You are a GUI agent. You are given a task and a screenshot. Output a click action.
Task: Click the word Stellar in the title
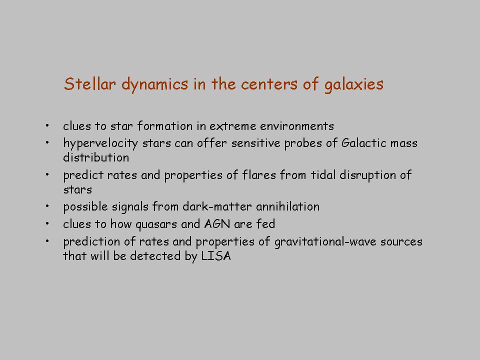[x=90, y=83]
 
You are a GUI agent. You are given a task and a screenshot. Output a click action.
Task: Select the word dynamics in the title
[x=154, y=84]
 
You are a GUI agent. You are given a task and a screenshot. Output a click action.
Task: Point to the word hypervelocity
[x=100, y=143]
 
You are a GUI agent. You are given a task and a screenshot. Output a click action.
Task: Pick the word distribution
[x=96, y=157]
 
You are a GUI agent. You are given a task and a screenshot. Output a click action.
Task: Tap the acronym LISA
[x=216, y=255]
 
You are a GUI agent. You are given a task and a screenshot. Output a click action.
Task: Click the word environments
[x=297, y=126]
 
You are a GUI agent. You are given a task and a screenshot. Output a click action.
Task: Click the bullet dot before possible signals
[x=47, y=206]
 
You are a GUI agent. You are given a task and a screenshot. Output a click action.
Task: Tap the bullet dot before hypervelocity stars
[x=47, y=142]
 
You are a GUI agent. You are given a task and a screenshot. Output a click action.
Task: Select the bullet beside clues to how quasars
[x=47, y=223]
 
